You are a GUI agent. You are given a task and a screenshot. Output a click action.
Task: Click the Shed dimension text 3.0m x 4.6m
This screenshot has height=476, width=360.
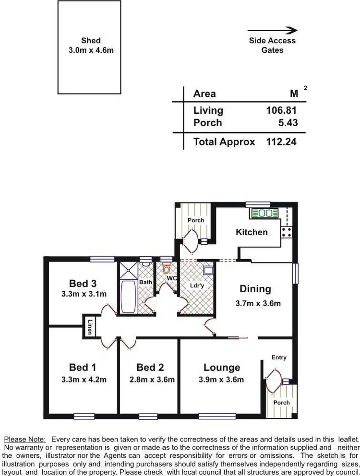point(91,50)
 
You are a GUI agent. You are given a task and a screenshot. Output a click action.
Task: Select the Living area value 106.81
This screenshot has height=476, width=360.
point(282,110)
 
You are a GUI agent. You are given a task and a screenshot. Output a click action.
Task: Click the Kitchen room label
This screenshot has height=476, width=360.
point(252,232)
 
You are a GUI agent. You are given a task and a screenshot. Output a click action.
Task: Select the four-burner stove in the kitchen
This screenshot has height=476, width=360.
point(287,232)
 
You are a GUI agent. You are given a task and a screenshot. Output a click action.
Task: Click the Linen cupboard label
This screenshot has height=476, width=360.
point(90,327)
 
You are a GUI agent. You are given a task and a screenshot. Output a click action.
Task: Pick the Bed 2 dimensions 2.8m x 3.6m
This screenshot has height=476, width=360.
point(150,380)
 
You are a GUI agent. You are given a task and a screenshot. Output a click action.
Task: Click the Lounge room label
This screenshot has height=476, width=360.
point(222,368)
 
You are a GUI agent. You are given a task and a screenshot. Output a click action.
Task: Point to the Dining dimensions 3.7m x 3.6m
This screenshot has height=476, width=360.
point(258,303)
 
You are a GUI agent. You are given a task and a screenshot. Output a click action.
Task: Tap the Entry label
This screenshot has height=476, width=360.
point(278,357)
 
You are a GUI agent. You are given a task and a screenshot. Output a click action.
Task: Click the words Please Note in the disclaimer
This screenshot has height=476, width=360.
point(24,439)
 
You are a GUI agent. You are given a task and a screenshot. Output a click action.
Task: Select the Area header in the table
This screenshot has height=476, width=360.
point(204,94)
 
